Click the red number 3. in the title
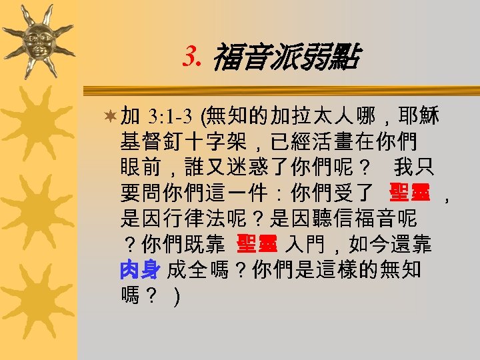[x=192, y=59]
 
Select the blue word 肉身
[x=140, y=270]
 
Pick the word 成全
[x=187, y=270]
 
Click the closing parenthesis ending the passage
[x=175, y=295]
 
